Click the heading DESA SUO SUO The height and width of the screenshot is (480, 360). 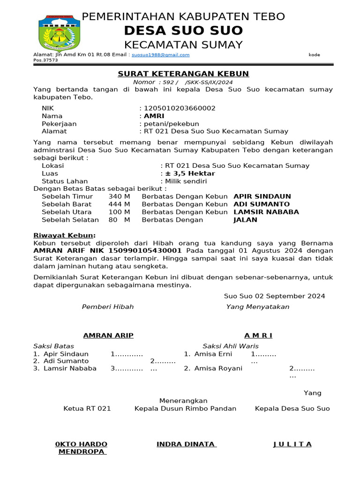point(183,31)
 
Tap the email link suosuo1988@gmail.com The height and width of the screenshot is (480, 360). point(160,55)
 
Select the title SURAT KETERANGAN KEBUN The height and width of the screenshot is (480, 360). point(183,74)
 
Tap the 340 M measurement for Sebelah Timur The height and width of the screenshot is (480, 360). point(119,196)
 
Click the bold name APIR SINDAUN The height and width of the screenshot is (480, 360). point(262,196)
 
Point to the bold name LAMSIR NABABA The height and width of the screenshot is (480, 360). point(266,212)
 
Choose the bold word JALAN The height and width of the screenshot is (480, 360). point(245,220)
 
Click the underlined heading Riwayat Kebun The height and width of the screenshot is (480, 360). point(64,235)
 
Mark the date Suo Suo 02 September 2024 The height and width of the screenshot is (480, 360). point(274,296)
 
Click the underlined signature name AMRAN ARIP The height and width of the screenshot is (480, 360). point(108,335)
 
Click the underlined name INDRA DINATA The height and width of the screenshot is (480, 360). point(186,444)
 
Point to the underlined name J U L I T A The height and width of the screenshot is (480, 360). point(292,444)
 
